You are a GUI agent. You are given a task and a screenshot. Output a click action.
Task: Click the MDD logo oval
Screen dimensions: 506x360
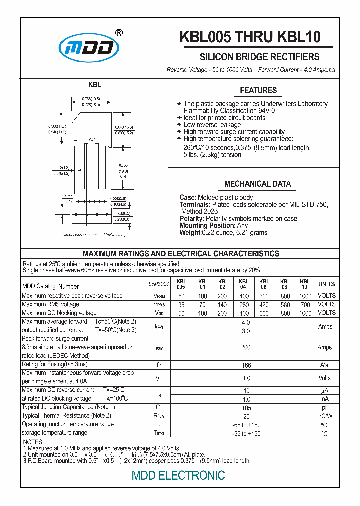click(x=90, y=48)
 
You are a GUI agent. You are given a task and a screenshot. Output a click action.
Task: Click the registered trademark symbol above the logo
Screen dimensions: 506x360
click(x=119, y=33)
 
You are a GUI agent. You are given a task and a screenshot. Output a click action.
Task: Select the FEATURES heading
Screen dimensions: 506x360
click(x=258, y=91)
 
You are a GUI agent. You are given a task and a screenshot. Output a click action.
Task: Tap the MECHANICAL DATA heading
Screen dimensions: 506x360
click(x=257, y=184)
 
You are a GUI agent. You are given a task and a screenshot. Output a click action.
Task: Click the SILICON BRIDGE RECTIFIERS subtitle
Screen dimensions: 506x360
click(x=259, y=57)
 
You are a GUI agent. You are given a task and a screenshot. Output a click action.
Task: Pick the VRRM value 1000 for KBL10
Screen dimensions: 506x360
click(x=305, y=296)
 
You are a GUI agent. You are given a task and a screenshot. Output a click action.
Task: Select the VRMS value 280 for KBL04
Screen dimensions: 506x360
click(x=243, y=305)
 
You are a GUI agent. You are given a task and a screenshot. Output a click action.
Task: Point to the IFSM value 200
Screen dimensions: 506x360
click(x=245, y=347)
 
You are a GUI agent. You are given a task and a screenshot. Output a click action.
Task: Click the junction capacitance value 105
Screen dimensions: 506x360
click(x=245, y=408)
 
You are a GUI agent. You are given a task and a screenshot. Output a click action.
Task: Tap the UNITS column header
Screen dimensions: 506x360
click(x=326, y=284)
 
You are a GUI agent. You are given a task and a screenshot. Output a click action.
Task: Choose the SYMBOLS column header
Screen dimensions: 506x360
click(x=159, y=284)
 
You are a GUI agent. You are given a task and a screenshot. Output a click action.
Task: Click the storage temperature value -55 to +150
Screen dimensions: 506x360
click(x=245, y=433)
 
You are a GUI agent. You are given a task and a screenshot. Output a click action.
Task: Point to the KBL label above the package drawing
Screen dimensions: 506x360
click(x=95, y=85)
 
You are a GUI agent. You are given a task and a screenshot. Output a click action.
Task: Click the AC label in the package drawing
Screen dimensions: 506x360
click(x=92, y=139)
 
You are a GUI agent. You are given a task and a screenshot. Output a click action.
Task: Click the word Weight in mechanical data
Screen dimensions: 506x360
click(x=190, y=232)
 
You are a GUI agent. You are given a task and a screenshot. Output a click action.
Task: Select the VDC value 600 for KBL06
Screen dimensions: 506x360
click(x=264, y=313)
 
